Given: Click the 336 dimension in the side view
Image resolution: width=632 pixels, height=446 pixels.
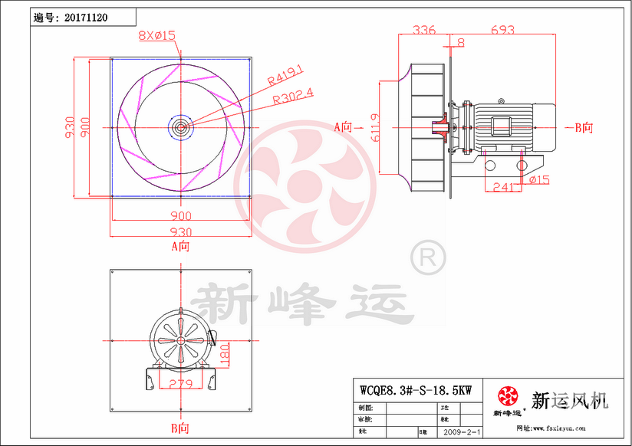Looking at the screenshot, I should click(423, 30).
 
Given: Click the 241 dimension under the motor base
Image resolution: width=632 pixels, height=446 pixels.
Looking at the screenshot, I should click(502, 186).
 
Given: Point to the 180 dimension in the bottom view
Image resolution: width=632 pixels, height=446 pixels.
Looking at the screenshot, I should click(224, 355).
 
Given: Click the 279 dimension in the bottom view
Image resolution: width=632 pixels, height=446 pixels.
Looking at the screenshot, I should click(180, 383).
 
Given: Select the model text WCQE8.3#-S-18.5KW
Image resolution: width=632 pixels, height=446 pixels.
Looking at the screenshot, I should click(415, 389).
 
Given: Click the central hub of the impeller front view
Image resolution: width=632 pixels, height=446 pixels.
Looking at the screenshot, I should click(180, 126).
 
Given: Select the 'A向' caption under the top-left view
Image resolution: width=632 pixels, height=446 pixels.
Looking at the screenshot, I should click(180, 246).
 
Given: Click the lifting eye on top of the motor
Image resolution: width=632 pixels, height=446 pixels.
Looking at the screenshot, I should click(502, 100).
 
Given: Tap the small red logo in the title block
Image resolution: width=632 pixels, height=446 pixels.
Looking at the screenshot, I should click(508, 396).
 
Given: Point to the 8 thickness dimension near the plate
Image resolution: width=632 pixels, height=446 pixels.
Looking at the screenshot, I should click(460, 42).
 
